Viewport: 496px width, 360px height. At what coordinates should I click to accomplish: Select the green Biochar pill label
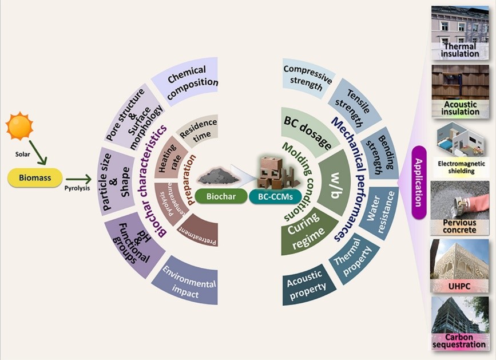point(217,196)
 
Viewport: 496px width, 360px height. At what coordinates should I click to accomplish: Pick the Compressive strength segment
point(307,77)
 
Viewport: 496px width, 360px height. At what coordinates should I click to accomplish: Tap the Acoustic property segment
point(306,283)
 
